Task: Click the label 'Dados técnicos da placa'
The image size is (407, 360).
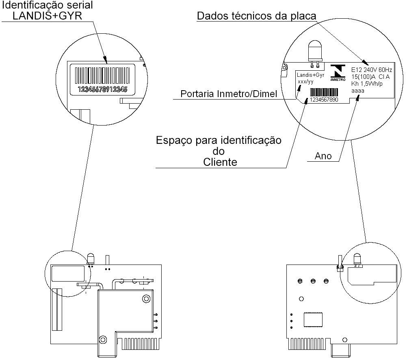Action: pyautogui.click(x=256, y=16)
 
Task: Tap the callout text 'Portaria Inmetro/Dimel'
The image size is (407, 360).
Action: pyautogui.click(x=229, y=94)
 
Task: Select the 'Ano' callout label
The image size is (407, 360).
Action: pyautogui.click(x=323, y=156)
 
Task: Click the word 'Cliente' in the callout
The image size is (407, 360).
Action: pyautogui.click(x=220, y=162)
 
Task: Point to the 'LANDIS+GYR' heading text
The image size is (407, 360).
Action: pyautogui.click(x=47, y=16)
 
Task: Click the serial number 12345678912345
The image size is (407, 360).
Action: pyautogui.click(x=102, y=89)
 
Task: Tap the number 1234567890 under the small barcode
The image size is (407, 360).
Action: pyautogui.click(x=324, y=100)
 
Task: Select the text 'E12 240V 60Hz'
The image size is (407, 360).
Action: pyautogui.click(x=371, y=69)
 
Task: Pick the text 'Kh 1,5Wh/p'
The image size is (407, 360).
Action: pyautogui.click(x=367, y=84)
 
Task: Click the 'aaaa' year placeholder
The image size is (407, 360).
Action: pyautogui.click(x=358, y=91)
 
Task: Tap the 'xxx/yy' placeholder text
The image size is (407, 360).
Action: pyautogui.click(x=305, y=82)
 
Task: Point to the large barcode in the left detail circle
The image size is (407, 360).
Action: pyautogui.click(x=102, y=75)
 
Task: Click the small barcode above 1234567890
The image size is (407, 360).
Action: pyautogui.click(x=324, y=92)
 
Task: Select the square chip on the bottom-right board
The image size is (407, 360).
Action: pyautogui.click(x=313, y=320)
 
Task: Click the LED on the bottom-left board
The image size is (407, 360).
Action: pyautogui.click(x=91, y=259)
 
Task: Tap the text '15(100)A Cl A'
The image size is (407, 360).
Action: pyautogui.click(x=370, y=77)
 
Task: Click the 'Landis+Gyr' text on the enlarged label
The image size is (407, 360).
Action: pyautogui.click(x=310, y=75)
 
